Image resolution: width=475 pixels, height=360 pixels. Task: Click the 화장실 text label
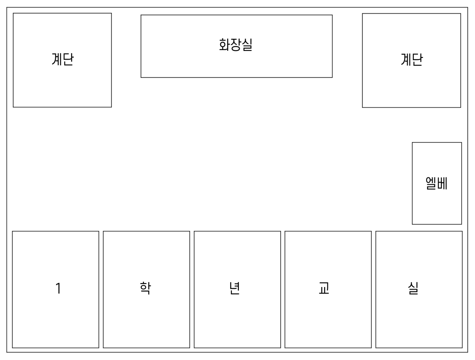(236, 45)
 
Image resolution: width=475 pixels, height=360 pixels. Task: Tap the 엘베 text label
(437, 183)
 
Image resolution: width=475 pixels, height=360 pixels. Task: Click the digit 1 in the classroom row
(58, 288)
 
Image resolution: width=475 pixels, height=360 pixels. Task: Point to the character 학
(146, 288)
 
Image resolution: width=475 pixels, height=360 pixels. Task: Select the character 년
(235, 288)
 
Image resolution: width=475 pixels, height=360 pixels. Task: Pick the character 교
(324, 288)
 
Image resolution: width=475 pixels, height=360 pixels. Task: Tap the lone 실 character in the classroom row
(413, 288)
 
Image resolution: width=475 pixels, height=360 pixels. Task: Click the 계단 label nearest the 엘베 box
(412, 59)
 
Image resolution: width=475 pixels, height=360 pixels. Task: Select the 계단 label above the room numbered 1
(63, 59)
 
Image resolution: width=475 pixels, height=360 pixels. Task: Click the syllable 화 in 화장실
(225, 45)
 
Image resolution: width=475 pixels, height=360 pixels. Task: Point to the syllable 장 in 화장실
(236, 45)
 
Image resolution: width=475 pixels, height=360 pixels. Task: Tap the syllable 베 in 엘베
(442, 183)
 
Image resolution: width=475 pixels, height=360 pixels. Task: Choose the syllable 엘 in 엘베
(431, 183)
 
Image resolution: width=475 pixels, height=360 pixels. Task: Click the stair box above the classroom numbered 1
(62, 88)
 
